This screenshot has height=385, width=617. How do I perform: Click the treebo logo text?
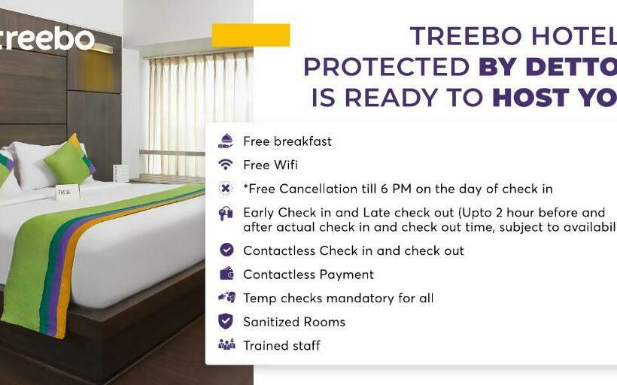[48, 38]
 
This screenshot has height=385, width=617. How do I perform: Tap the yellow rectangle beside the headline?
[251, 35]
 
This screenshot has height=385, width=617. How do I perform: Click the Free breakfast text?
[287, 141]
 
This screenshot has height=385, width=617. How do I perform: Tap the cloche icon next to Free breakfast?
[226, 141]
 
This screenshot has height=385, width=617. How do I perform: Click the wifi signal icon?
[226, 165]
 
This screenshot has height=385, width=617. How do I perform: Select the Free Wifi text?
[270, 165]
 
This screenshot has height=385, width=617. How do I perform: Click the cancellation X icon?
[226, 189]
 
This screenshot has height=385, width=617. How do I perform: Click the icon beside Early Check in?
[226, 214]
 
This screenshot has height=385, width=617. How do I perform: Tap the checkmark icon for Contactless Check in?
[226, 250]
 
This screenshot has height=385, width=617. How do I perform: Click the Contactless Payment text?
[308, 274]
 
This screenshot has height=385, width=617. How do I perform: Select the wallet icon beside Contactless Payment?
[226, 274]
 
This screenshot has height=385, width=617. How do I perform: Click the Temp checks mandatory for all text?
[338, 298]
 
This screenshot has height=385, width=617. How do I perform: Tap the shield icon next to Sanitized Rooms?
[226, 321]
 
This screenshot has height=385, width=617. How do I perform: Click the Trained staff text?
[281, 345]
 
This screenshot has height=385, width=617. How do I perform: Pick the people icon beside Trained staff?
[226, 345]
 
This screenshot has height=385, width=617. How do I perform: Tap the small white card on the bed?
[67, 192]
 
